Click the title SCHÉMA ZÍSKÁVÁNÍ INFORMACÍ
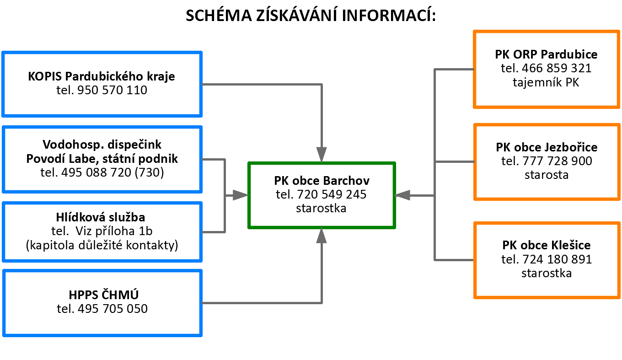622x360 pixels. pos(311,15)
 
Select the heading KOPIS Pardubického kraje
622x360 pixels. pos(102,76)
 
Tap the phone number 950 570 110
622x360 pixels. pos(112,90)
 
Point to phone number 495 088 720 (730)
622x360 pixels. pos(113,172)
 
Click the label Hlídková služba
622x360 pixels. pos(101,217)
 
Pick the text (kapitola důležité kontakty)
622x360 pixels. pos(102,245)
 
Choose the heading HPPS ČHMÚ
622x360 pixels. pos(103,295)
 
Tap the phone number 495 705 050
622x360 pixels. pos(113,309)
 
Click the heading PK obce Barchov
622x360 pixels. pos(322,181)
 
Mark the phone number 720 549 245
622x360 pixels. pos(332,194)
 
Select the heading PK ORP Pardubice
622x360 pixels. pos(546,54)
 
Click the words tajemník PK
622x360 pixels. pos(546,82)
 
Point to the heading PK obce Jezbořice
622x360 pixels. pos(547,147)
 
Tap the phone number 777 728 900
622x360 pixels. pos(558,161)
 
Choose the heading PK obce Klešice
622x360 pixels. pos(547,245)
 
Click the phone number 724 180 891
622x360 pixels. pos(558,259)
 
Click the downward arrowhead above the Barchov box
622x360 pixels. pos(322,155)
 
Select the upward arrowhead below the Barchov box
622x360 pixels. pos(322,235)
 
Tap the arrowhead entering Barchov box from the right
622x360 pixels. pos(402,195)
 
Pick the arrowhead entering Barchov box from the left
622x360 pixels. pos(241,195)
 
